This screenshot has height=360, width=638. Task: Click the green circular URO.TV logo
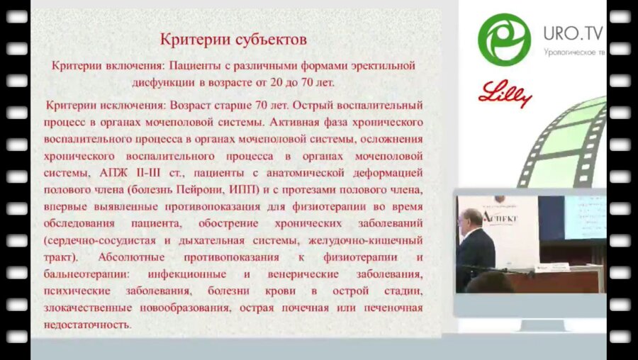504,39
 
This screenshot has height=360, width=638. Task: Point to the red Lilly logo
505,93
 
